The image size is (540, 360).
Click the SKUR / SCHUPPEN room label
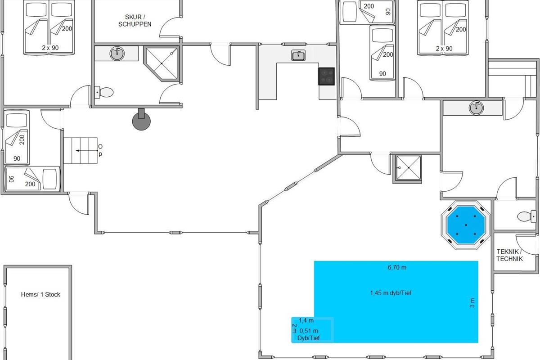point(135,21)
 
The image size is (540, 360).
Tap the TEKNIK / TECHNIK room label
point(509,255)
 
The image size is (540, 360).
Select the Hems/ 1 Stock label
point(40,295)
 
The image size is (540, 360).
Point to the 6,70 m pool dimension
point(397,268)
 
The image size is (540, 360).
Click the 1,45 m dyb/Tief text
point(391,293)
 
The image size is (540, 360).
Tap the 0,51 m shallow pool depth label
point(309,331)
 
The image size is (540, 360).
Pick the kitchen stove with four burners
point(327,76)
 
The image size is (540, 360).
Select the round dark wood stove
point(142,120)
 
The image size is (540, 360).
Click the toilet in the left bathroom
point(104,93)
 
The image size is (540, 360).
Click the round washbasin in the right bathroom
point(475,108)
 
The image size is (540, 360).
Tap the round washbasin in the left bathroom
point(117,54)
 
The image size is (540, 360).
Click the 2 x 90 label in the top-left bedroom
point(50,48)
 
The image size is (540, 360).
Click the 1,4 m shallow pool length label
point(306,320)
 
